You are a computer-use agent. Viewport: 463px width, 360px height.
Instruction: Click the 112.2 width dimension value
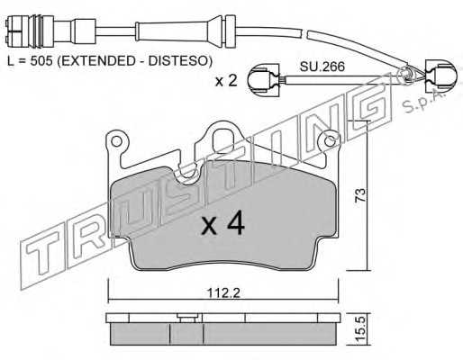(x=223, y=292)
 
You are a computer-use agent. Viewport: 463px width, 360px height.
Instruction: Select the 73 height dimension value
(x=361, y=195)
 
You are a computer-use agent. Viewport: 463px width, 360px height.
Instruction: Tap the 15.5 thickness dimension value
(x=361, y=329)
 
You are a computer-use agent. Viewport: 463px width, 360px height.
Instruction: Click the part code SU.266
(x=322, y=67)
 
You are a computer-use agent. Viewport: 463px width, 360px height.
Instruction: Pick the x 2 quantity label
(x=226, y=81)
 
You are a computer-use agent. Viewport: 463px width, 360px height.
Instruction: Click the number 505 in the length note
(x=41, y=61)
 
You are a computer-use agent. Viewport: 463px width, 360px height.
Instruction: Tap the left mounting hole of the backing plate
(x=115, y=139)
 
